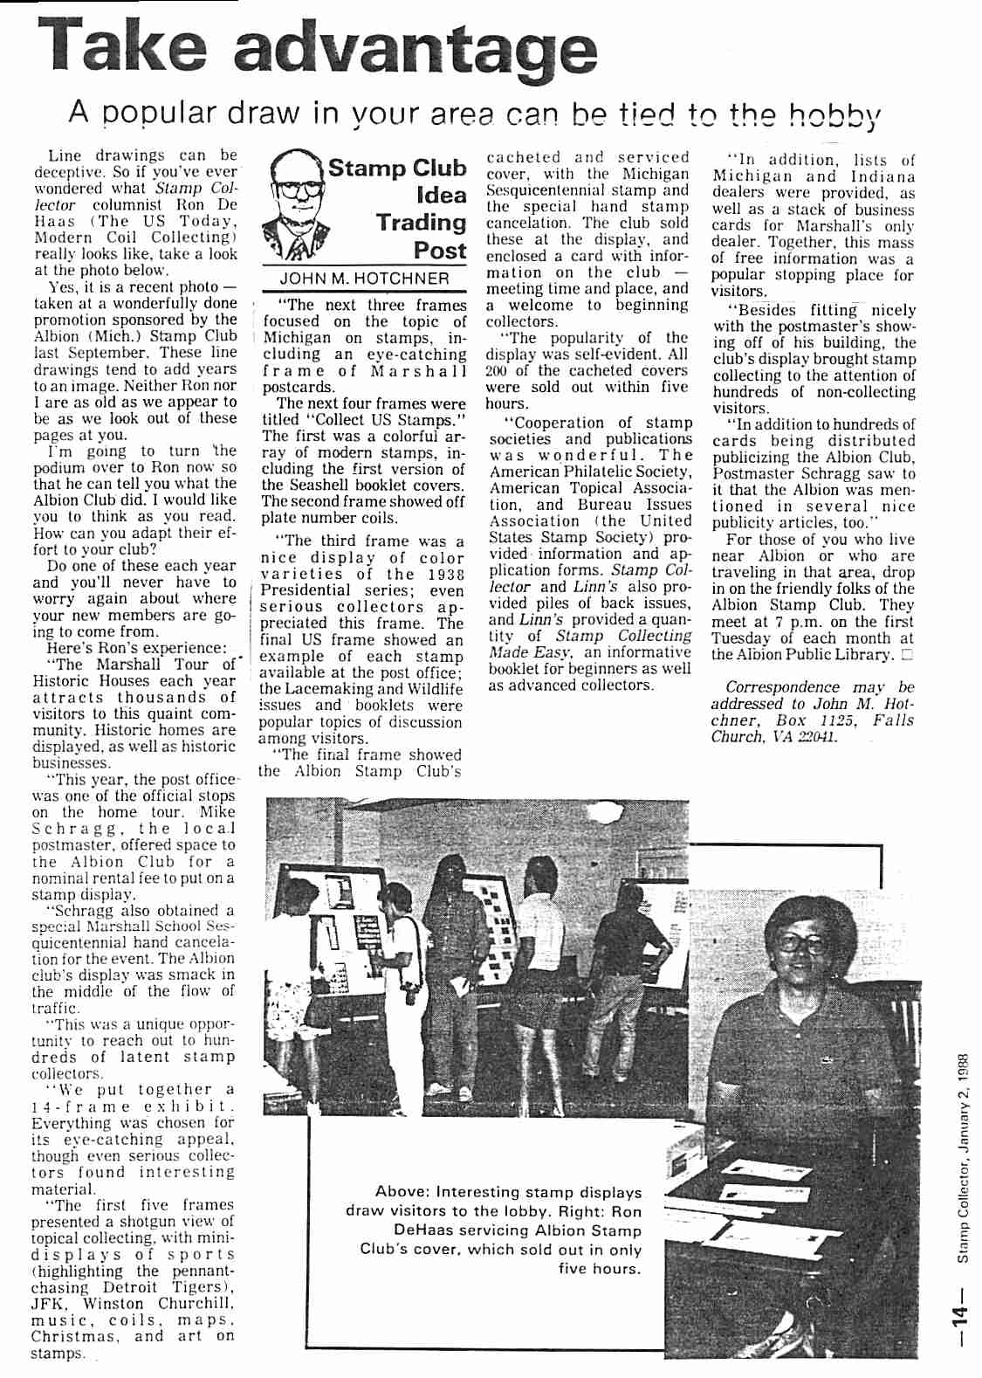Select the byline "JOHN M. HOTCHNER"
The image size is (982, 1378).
click(365, 279)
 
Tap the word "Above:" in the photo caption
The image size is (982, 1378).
click(402, 1192)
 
